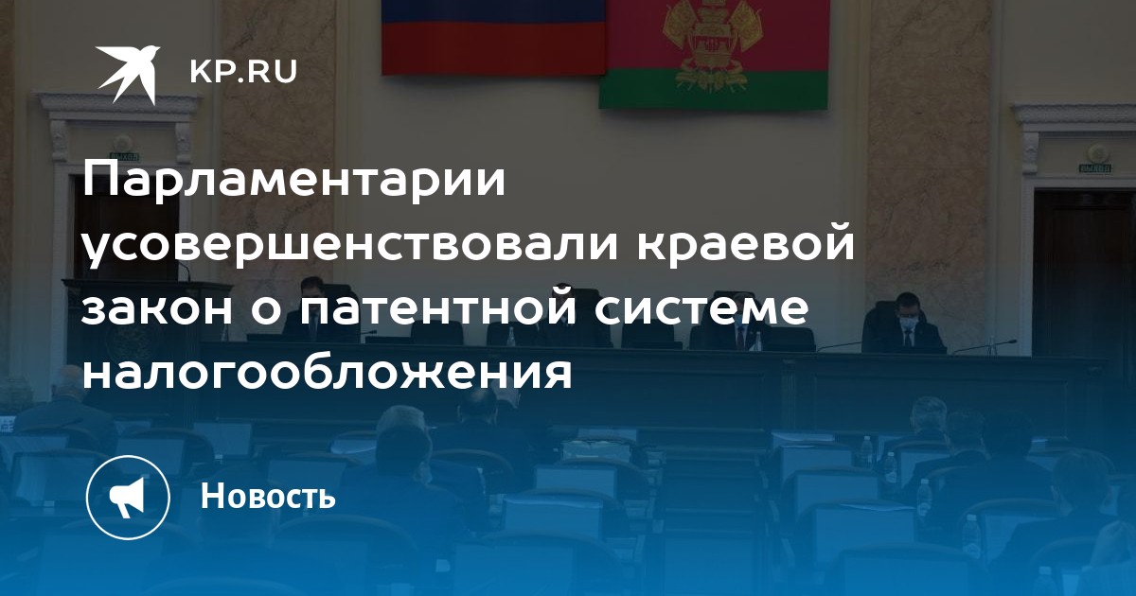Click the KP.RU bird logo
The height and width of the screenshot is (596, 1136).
click(x=130, y=73)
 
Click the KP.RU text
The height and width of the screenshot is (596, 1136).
click(x=243, y=72)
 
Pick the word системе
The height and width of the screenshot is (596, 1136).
click(x=701, y=307)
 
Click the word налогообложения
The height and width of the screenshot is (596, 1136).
click(x=328, y=374)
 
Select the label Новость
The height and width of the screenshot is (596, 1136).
click(x=268, y=496)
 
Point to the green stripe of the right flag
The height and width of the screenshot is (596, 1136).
click(x=713, y=89)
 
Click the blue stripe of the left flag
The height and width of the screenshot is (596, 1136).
click(x=494, y=10)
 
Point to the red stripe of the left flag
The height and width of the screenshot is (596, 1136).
click(x=494, y=48)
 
